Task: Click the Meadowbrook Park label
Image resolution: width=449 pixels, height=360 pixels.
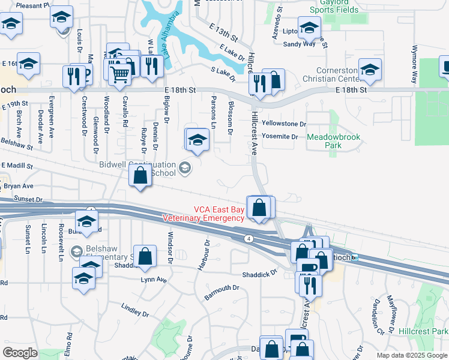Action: coord(334,141)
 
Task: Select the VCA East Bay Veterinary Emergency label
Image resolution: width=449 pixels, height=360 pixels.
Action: coord(218,214)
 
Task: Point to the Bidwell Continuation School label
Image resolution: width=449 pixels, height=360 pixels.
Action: coord(138,169)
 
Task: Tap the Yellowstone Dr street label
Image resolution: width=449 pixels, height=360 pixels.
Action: coord(284,124)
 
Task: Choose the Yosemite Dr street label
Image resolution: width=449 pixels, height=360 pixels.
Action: coord(280,137)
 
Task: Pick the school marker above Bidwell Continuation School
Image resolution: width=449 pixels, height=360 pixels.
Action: coord(197,140)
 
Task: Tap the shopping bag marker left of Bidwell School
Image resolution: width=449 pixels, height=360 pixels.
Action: coord(140,176)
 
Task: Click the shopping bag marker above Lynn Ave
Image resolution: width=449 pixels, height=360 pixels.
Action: coord(145,256)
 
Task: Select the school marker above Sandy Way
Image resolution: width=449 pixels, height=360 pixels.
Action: coord(309,28)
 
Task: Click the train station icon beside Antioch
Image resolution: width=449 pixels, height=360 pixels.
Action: coord(355,258)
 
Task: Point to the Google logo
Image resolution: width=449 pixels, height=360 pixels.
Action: coord(20,353)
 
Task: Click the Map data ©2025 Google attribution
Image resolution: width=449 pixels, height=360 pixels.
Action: coord(412,355)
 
